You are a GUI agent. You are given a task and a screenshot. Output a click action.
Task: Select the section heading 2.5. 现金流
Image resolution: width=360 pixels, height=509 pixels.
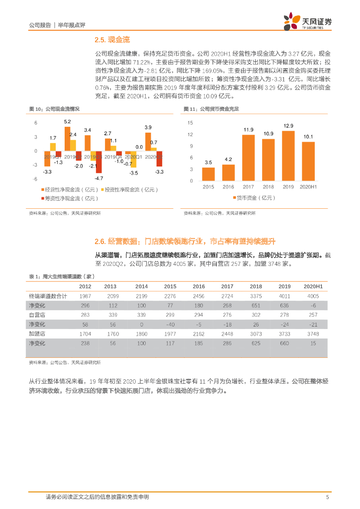[x=112, y=39]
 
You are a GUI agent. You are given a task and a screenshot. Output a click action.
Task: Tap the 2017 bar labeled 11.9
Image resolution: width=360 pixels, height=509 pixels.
[x=248, y=158]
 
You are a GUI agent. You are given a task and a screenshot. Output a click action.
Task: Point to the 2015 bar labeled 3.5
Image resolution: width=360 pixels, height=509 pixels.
[x=208, y=174]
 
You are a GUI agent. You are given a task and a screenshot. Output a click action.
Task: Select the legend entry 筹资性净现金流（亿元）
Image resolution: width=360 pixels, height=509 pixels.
[x=70, y=198]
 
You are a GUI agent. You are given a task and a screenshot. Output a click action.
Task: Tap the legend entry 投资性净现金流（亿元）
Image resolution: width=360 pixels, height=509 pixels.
[x=131, y=189]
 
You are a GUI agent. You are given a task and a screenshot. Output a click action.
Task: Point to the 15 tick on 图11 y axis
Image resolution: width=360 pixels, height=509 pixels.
[x=190, y=122]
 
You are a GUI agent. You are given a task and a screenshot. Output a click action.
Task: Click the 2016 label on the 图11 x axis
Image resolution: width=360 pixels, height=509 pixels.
[x=228, y=186]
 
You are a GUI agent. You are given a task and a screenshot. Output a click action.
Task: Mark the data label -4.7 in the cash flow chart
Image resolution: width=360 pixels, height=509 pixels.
[x=98, y=178]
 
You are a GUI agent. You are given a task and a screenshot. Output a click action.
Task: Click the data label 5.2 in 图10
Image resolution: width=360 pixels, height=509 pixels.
[x=67, y=122]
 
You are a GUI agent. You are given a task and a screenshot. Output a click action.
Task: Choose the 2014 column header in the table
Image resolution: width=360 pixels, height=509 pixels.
[x=142, y=287]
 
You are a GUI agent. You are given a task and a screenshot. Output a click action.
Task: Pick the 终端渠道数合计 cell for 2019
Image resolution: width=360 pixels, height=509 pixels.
[x=284, y=296]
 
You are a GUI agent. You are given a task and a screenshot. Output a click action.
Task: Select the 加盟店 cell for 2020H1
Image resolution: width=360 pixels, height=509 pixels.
[x=313, y=334]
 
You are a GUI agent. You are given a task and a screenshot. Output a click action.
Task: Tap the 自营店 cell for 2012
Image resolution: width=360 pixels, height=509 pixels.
[x=85, y=315]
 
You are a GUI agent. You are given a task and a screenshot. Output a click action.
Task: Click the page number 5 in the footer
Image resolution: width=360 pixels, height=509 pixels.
[x=327, y=497]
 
